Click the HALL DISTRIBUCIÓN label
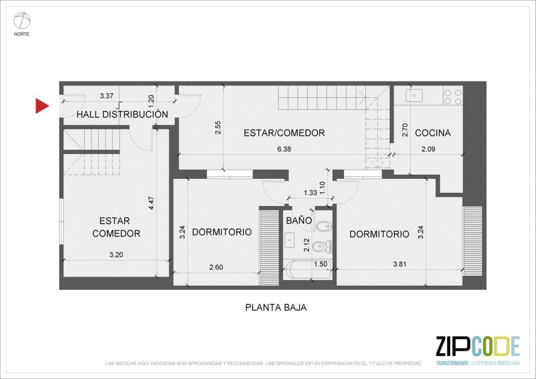123,114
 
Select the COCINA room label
433,132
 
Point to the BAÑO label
299,220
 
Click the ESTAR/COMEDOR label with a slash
284,132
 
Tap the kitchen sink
415,95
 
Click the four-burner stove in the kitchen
453,95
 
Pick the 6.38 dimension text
284,149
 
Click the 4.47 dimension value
152,203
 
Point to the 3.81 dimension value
400,264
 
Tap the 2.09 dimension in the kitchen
428,149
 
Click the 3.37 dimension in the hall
107,96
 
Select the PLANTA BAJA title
276,308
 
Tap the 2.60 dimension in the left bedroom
216,266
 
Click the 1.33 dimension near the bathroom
311,193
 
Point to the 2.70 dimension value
406,130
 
